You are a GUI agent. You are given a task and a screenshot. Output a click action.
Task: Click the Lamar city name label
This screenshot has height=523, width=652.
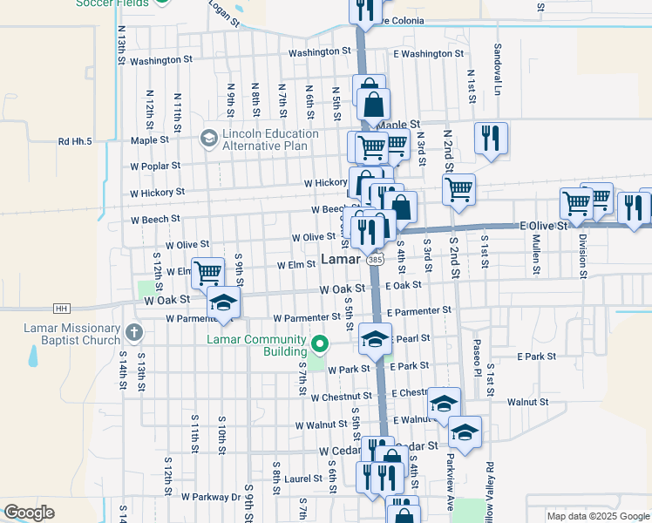tap(340, 260)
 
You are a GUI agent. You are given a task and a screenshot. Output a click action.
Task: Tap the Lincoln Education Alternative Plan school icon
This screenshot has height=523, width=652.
tap(208, 138)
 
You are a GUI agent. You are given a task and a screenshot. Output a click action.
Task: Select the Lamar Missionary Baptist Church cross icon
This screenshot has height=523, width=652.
tap(133, 332)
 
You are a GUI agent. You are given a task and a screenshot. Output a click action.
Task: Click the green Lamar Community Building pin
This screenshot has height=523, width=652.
tap(319, 345)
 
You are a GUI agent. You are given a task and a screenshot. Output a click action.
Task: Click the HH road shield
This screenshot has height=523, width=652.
tap(61, 308)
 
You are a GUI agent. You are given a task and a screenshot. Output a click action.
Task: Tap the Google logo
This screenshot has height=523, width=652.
tap(29, 513)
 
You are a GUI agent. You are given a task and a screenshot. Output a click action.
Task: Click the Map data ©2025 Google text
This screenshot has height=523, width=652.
tap(597, 516)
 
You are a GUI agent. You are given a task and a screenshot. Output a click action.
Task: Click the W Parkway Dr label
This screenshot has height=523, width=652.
tap(210, 496)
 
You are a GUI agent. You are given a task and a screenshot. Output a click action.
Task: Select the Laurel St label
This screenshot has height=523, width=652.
tap(303, 479)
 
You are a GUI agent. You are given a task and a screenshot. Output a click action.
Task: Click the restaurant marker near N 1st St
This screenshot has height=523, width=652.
tap(492, 138)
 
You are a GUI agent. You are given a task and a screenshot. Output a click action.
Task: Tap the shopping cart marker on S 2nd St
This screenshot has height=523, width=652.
tap(458, 188)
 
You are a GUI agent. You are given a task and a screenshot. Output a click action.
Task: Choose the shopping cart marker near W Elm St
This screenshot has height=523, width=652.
tap(207, 273)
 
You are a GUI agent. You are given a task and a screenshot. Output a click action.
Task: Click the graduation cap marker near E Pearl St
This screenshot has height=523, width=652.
tap(376, 338)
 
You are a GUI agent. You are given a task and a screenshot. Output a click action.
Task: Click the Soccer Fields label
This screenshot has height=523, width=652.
tap(110, 3)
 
